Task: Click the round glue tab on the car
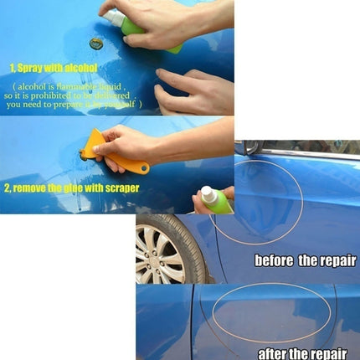point(96,43)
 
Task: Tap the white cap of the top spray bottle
point(113,17)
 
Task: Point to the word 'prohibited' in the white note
point(85,95)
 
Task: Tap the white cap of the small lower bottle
point(206,193)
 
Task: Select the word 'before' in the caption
point(275,261)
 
